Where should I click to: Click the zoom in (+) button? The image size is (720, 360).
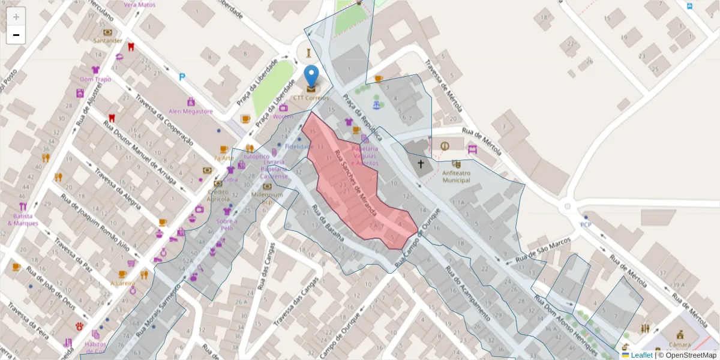pyautogui.click(x=16, y=16)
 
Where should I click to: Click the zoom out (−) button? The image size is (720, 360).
pyautogui.click(x=16, y=35)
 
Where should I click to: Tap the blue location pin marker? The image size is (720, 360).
pyautogui.click(x=311, y=77)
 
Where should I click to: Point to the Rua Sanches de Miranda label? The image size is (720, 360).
pyautogui.click(x=356, y=183)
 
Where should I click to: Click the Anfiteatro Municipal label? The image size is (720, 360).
pyautogui.click(x=457, y=176)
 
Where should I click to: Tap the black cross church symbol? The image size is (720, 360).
pyautogui.click(x=421, y=163)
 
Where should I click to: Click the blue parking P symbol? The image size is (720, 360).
pyautogui.click(x=182, y=77)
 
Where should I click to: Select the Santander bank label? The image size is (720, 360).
pyautogui.click(x=108, y=40)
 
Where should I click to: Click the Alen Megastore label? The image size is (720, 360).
pyautogui.click(x=191, y=111)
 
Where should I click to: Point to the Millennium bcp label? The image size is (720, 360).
pyautogui.click(x=267, y=197)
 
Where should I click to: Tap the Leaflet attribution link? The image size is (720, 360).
pyautogui.click(x=641, y=355)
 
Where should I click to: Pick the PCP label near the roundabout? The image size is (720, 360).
pyautogui.click(x=586, y=225)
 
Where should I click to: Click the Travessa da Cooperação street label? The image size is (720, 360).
pyautogui.click(x=163, y=120)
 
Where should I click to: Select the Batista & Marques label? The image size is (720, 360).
pyautogui.click(x=23, y=220)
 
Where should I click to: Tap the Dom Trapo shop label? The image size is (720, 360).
pyautogui.click(x=95, y=79)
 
